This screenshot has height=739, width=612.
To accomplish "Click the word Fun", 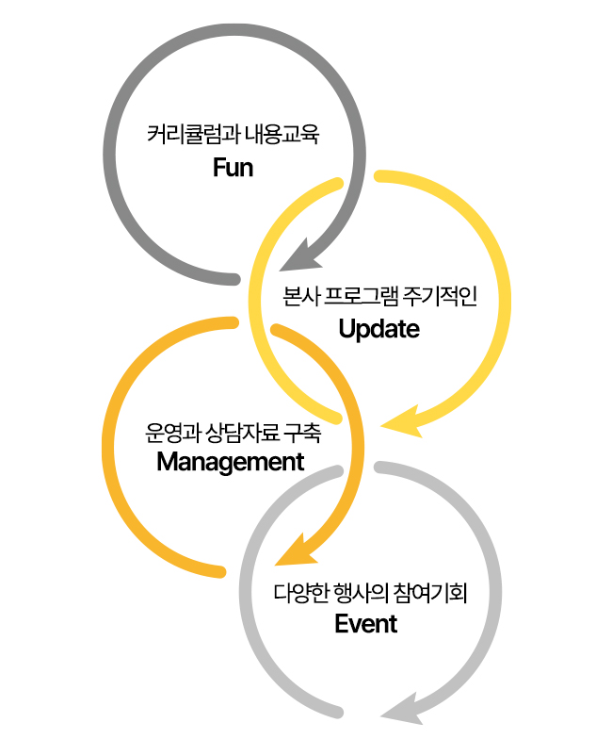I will coord(234,169).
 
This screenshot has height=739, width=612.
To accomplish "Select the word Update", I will coord(378,329).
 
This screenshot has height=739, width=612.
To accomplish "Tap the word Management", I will coord(231,462).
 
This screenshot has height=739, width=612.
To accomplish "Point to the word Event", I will coord(366,623).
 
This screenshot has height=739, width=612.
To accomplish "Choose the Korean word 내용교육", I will coord(282,135).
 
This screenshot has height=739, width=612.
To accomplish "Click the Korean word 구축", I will coord(302,434).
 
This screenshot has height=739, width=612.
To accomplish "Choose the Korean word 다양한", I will coord(296,594).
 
